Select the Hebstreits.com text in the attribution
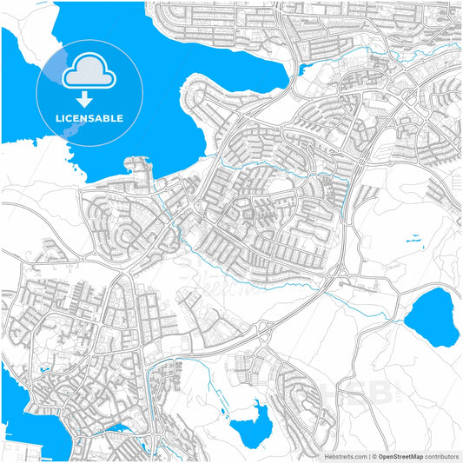tap(334, 455)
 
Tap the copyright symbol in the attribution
tap(373, 455)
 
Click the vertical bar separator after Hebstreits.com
tap(366, 455)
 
